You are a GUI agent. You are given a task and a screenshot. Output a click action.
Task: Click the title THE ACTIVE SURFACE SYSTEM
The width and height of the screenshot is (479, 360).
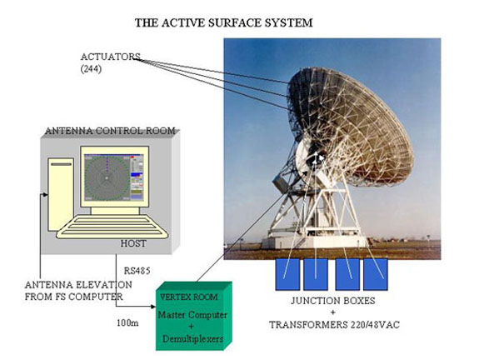223,23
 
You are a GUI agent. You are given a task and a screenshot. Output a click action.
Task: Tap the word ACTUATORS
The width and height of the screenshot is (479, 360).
110,57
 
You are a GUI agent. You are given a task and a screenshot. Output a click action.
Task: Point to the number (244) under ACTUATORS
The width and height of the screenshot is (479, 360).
91,69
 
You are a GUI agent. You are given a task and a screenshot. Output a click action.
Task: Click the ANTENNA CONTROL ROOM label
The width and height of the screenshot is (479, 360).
110,131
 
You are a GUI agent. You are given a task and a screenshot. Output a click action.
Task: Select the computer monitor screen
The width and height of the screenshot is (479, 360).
115,177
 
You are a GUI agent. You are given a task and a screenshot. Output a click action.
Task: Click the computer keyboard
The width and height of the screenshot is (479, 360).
112,227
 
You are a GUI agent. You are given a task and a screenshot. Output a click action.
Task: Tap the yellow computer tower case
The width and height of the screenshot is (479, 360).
61,194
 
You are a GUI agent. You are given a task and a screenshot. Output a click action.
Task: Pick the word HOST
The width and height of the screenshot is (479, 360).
133,243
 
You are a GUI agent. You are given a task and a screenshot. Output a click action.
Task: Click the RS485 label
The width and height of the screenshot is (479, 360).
137,271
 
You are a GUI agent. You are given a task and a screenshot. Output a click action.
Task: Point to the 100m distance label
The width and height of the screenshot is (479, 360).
127,322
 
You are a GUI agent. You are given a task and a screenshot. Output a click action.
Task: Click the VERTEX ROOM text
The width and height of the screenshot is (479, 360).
189,297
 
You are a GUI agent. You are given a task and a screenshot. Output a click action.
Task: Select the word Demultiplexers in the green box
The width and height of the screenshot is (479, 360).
192,339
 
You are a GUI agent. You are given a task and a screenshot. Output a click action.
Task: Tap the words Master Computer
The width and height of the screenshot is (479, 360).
192,315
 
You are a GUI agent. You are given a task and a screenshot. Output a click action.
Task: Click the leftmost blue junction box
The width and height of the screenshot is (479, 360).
287,274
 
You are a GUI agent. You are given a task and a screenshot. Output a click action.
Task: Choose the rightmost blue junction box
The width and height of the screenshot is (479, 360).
376,274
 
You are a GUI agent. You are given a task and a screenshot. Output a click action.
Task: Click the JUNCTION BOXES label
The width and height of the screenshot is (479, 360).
333,301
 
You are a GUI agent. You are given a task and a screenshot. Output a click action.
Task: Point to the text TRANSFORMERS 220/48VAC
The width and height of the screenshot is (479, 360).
334,324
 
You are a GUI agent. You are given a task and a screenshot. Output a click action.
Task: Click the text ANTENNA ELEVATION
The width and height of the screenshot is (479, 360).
78,285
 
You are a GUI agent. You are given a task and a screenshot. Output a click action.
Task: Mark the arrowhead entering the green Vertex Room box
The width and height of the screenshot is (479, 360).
153,307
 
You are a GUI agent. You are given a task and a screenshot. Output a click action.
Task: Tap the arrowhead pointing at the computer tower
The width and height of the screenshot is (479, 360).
46,195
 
